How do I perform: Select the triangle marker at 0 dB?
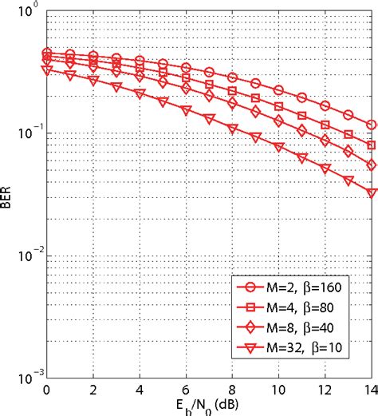pos(46,70)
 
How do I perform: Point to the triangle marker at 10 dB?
pos(279,146)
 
